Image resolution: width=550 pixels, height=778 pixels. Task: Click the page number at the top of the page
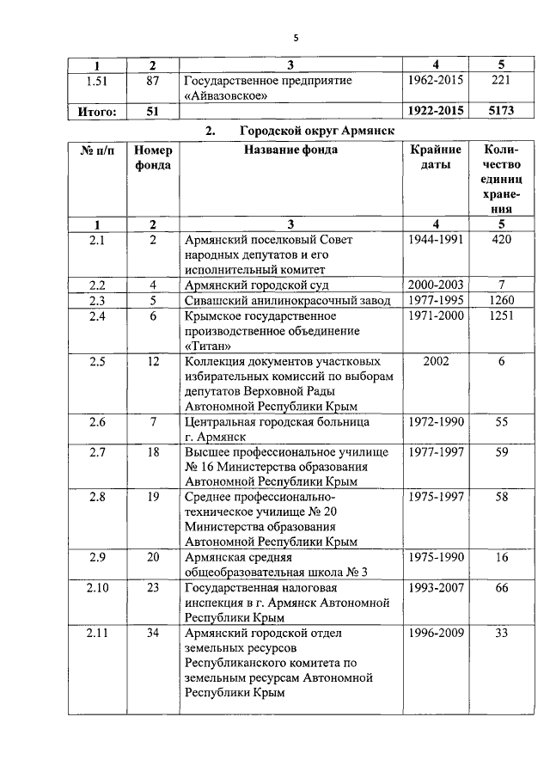pos(295,38)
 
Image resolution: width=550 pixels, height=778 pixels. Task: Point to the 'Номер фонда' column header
pos(153,157)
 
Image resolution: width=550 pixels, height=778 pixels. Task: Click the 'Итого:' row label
pos(97,111)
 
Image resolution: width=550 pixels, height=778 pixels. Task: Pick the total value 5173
pos(502,111)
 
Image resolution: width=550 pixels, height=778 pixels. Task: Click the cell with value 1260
pos(502,300)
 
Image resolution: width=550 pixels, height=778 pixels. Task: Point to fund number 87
pos(153,80)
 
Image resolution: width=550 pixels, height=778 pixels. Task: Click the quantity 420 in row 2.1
pos(502,239)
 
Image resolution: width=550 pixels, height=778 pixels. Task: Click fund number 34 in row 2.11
pos(153,634)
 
